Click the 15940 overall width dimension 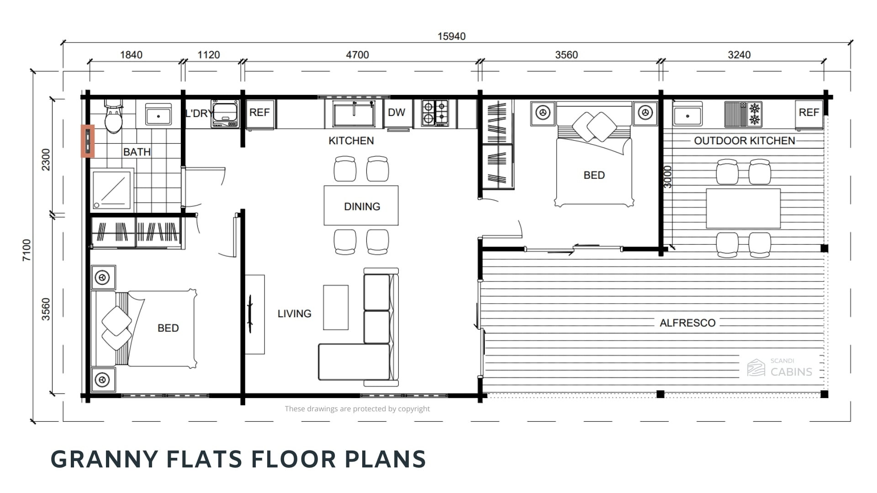(451, 37)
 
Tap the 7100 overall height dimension (27, 250)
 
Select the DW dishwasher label (396, 112)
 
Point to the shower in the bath (112, 189)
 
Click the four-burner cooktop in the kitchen (435, 113)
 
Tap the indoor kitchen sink (354, 114)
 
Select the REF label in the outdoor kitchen (808, 112)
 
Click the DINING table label (362, 206)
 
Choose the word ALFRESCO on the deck (687, 323)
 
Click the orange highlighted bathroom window (88, 141)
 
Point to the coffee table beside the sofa (336, 307)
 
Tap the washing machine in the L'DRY (225, 113)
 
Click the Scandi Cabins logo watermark (780, 367)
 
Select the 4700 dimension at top (357, 55)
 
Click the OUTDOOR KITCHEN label (745, 141)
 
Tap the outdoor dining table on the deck (743, 208)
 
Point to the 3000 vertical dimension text (668, 177)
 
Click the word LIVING (294, 314)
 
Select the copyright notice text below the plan (357, 409)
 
